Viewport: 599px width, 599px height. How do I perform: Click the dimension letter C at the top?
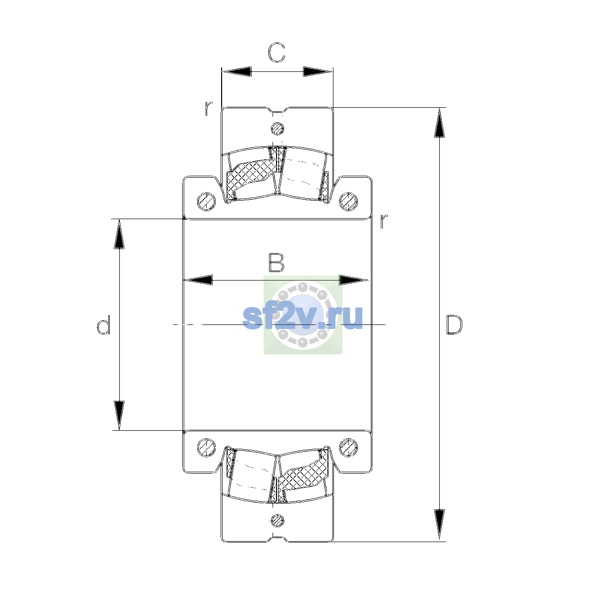pos(277,52)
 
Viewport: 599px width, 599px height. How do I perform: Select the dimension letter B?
pos(277,263)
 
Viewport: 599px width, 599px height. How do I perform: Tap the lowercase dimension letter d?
pos(103,325)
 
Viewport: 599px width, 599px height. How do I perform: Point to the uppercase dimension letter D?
pos(454,325)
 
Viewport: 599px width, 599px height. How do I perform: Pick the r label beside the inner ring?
pos(384,221)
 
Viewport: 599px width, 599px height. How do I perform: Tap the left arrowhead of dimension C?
pos(237,71)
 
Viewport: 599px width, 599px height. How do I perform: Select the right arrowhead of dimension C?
pos(317,71)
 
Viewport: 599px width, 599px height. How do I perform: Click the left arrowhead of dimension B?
pos(198,280)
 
